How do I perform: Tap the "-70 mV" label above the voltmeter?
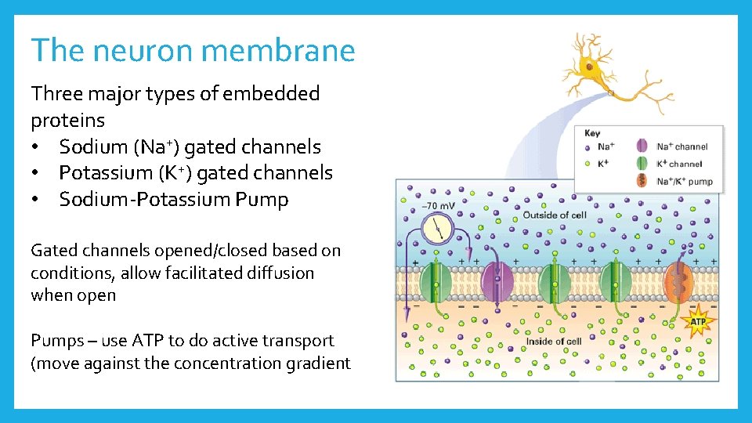tap(438, 206)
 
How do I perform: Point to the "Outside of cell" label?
tap(555, 215)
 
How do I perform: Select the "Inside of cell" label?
tap(553, 341)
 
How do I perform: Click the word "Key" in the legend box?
tap(592, 133)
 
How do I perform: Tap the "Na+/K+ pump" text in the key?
tap(685, 181)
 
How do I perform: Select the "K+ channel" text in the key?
tap(679, 164)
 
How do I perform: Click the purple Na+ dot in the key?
tap(587, 146)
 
